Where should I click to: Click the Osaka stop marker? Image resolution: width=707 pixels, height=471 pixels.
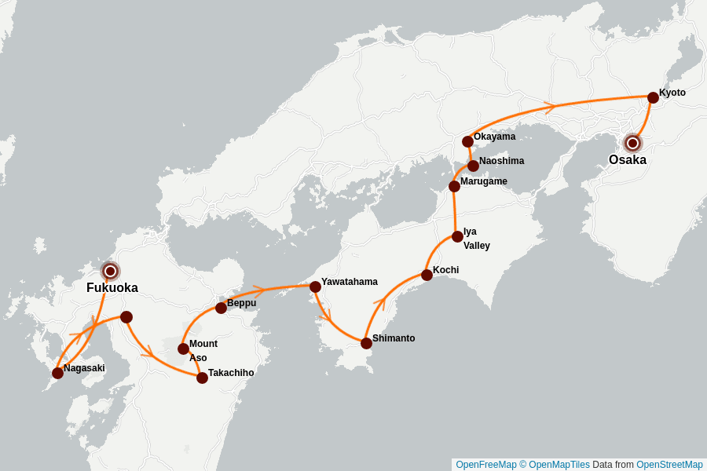pos(632,143)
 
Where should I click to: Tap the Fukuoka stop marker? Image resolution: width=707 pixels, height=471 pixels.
pos(111,271)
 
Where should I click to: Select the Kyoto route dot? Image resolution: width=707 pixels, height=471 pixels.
pos(653,97)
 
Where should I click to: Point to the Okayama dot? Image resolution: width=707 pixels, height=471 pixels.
pos(467,141)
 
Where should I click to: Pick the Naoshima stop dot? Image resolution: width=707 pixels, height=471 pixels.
pos(473,166)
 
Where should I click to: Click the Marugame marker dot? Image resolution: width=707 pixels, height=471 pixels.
pos(454,186)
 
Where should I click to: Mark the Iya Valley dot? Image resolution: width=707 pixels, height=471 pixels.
pos(457,236)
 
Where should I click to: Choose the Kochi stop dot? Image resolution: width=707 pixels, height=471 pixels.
pos(427,275)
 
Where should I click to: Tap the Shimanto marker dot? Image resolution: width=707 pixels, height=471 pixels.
pos(366,343)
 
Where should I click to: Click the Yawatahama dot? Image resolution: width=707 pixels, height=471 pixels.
pos(315,287)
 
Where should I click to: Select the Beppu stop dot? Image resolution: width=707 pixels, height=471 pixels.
pos(221,308)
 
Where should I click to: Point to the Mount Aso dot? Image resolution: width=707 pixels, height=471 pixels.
pos(183,349)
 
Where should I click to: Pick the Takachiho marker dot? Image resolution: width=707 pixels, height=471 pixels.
pos(202,378)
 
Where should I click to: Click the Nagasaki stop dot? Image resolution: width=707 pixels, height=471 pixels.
pos(57,373)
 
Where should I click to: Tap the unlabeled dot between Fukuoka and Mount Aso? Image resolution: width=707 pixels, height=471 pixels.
pos(126,317)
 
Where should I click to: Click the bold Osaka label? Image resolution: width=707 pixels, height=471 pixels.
pos(627,160)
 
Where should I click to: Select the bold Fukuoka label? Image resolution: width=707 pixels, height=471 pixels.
pos(112,288)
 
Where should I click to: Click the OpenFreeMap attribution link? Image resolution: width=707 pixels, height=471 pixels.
pos(485,465)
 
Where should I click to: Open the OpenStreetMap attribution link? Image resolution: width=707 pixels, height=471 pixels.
pos(669,465)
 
